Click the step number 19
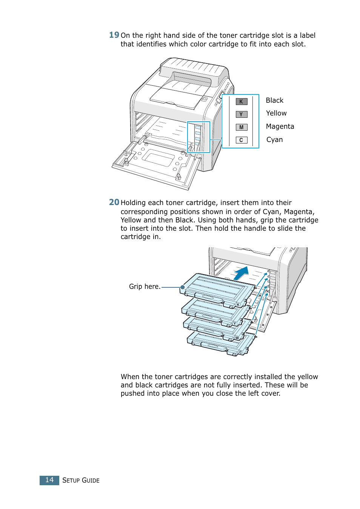pos(114,35)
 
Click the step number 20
pos(114,202)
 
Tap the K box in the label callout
pos(242,102)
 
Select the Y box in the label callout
pos(242,114)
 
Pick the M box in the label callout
pos(242,127)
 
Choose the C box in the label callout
pos(242,140)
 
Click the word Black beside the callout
pos(274,100)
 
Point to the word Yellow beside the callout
pos(276,113)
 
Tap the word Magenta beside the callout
pos(280,126)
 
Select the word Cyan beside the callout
pos(274,140)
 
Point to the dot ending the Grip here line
pos(183,287)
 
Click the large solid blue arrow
pos(242,273)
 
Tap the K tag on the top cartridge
pos(238,305)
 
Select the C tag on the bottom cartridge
pos(240,352)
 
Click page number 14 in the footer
pos(49,480)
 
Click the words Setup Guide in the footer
pos(81,480)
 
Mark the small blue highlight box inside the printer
pos(198,137)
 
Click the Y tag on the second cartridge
pos(235,324)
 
